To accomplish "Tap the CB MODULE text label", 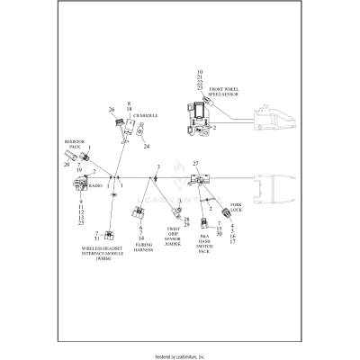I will (146, 116).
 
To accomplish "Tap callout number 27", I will (192, 164).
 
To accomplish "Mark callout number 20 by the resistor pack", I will (67, 165).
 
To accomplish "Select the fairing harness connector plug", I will (139, 215).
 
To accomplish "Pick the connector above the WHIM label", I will (109, 237).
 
